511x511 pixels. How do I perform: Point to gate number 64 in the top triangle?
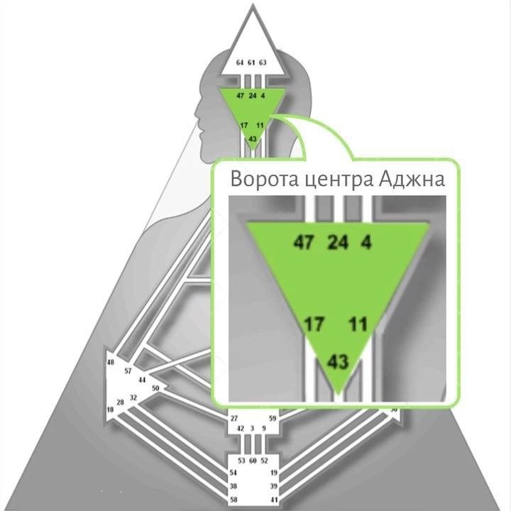[240, 62]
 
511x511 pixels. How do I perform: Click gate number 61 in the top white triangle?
[251, 62]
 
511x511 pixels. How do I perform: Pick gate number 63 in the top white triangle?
[263, 62]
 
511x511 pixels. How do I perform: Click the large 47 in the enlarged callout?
[304, 243]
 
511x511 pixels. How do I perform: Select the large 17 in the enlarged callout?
[314, 326]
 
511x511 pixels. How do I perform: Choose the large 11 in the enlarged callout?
[358, 326]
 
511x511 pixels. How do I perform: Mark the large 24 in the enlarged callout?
[338, 243]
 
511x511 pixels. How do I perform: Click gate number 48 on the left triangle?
[111, 363]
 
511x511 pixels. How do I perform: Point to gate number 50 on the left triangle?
[155, 388]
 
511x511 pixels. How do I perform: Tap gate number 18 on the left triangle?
[111, 410]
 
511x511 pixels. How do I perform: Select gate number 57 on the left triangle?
[128, 370]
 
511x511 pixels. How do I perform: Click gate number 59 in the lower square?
[273, 419]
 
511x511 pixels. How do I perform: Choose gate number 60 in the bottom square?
[253, 461]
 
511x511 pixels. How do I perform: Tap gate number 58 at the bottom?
[233, 500]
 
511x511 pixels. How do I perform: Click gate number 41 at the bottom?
[273, 500]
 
